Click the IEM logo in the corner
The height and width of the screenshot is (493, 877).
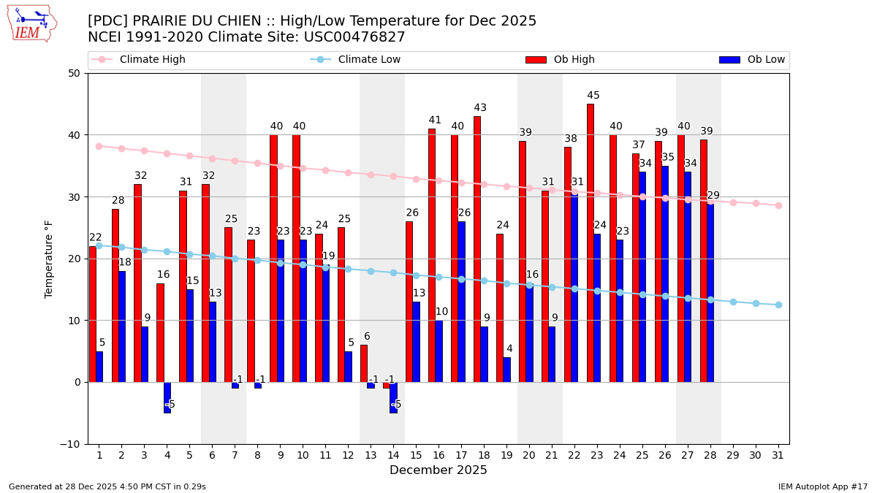coord(31,23)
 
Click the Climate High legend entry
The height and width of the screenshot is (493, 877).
coord(152,60)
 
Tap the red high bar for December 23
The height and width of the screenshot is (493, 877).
coord(591,242)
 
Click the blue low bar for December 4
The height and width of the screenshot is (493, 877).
coord(167,397)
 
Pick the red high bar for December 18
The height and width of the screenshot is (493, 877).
coord(477,249)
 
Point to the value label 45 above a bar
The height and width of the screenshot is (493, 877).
coord(593,96)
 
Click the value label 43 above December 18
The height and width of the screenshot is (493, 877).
coord(480,108)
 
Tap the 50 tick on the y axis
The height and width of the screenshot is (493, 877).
coord(75,73)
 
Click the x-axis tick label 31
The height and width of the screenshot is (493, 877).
coord(778,455)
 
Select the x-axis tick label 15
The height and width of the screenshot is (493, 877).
coord(416,455)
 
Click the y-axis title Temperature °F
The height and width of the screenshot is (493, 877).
coord(50,259)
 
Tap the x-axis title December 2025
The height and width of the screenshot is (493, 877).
coord(438,470)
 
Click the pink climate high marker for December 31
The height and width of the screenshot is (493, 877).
coord(778,205)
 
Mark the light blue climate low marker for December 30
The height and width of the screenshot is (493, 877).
coord(756,303)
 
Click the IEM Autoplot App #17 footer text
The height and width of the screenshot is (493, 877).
coord(823,486)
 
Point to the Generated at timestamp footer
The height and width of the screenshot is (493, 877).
coord(107,486)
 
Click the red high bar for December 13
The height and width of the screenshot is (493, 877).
coord(364,363)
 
